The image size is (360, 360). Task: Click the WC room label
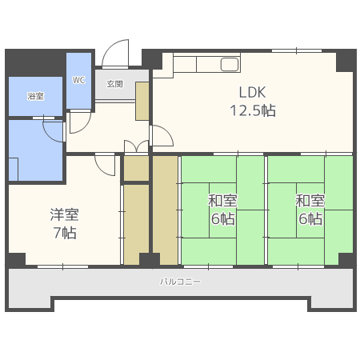(78, 80)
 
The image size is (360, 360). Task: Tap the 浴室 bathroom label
(35, 96)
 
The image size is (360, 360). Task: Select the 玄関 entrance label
(114, 84)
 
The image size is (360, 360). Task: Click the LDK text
(252, 92)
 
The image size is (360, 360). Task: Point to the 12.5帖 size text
(253, 110)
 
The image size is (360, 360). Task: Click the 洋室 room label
(64, 214)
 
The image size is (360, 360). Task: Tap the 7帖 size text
(65, 233)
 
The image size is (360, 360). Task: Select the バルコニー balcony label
(180, 282)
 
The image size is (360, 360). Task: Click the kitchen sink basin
(230, 65)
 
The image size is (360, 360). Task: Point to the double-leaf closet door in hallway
(136, 146)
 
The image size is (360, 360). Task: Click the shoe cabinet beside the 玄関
(142, 101)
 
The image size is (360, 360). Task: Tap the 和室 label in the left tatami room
(222, 201)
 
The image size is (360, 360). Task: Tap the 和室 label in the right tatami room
(310, 201)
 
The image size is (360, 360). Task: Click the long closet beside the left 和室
(165, 210)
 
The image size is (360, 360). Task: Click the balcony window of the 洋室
(62, 266)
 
